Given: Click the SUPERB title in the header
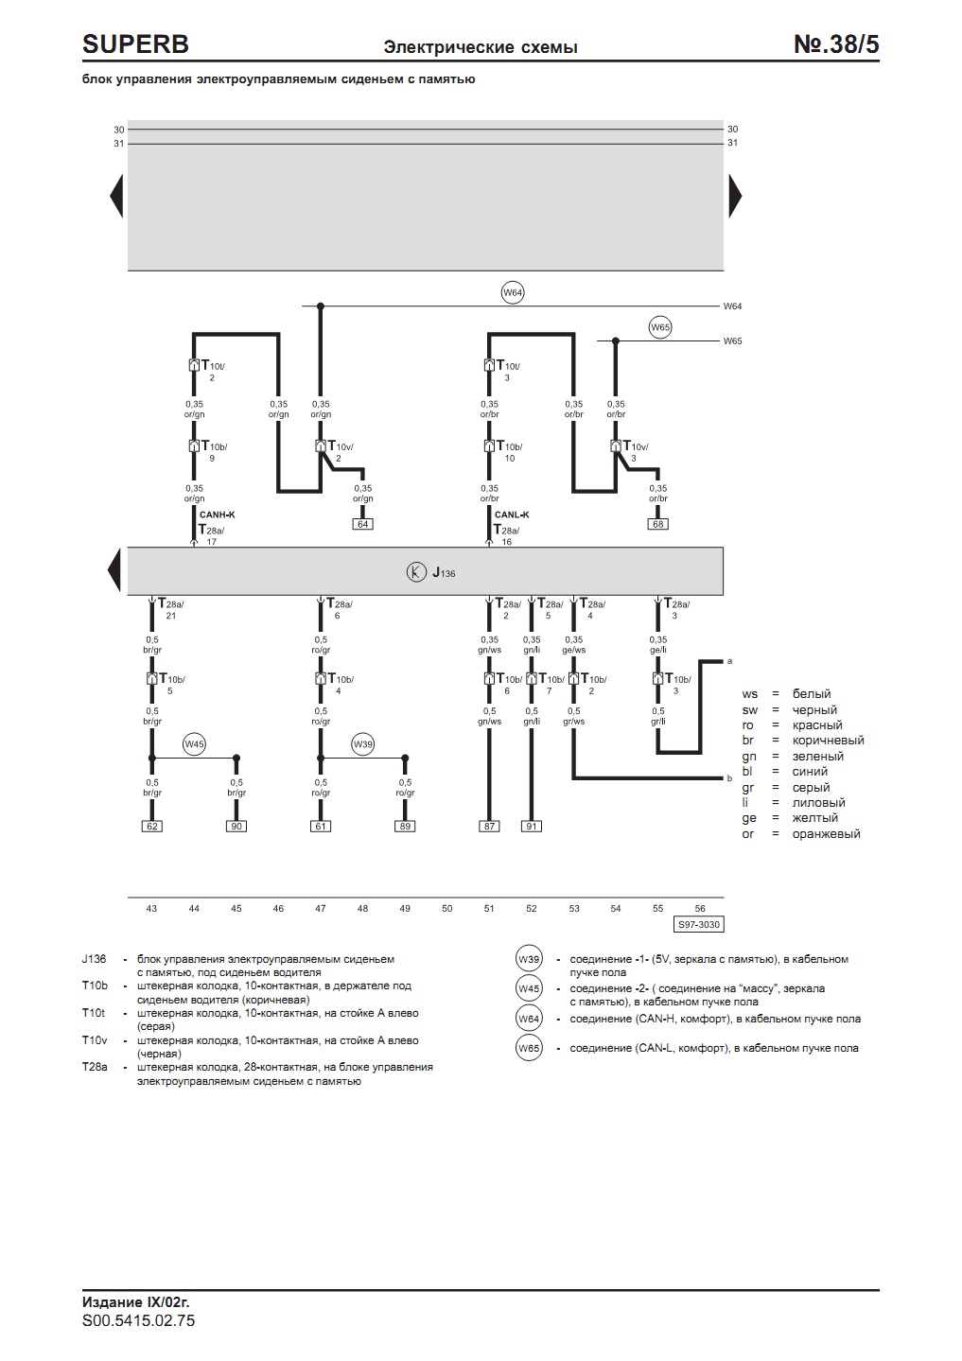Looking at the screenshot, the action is (x=135, y=44).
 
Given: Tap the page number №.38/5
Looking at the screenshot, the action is (x=836, y=44).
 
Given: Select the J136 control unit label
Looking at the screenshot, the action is (x=444, y=572).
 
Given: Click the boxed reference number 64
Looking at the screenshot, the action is (x=363, y=524).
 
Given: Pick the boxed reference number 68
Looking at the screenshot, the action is (x=658, y=524).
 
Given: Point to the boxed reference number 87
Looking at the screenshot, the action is (x=489, y=826).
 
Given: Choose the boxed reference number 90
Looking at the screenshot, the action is (x=236, y=826).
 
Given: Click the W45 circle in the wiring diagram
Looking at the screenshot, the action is (x=195, y=744).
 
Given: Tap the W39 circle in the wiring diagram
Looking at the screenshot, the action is (x=363, y=744).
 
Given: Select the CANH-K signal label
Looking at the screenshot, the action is (x=217, y=515).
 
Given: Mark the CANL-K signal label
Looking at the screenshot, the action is (x=512, y=515).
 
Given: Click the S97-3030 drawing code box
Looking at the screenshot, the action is (x=699, y=925).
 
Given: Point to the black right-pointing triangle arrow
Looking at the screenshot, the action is (x=735, y=196).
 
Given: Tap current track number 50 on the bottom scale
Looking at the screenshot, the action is (x=447, y=908).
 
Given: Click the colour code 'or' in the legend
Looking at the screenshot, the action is (x=747, y=833).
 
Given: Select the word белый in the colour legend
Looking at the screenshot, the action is (x=812, y=694).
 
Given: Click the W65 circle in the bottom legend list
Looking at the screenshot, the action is (x=529, y=1048).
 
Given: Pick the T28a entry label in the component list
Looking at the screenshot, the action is (x=95, y=1067).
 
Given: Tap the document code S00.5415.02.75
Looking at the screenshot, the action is (x=138, y=1320).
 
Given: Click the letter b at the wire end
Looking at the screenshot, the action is (x=730, y=778).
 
